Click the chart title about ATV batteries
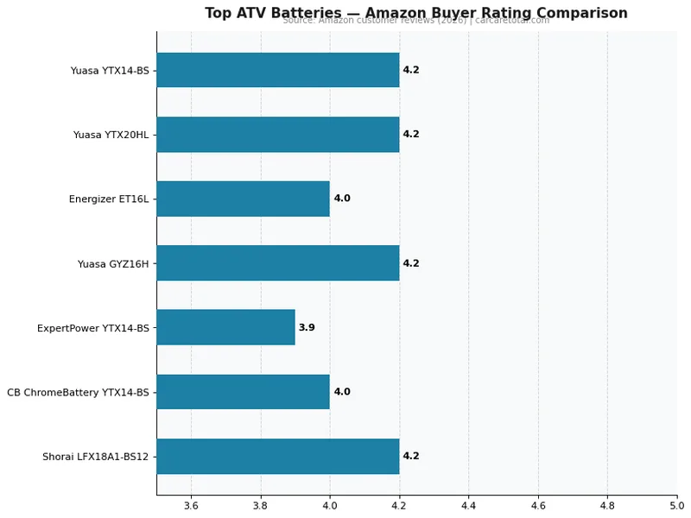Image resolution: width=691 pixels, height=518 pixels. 415,13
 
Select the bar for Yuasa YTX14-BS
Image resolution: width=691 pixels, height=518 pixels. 277,70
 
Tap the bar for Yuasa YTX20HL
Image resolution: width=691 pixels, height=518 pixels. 277,135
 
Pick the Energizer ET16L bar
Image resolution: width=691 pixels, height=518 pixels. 243,199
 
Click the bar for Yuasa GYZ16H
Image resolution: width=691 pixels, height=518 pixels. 277,263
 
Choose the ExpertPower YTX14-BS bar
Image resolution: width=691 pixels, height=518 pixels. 225,327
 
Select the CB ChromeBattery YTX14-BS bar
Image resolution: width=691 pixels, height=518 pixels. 243,392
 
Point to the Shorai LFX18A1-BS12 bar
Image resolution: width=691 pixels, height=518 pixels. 277,456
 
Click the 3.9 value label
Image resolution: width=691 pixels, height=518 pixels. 307,328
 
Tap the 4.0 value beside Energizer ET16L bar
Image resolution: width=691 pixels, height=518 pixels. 342,199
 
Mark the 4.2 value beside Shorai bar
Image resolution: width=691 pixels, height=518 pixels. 411,456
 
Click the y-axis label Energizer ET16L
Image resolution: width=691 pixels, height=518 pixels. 108,199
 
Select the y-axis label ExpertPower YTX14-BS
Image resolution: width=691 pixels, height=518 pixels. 92,328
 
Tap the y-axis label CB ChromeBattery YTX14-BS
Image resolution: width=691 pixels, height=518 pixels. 78,392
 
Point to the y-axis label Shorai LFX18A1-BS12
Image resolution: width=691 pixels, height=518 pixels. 95,457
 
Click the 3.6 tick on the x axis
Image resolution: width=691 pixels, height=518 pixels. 191,505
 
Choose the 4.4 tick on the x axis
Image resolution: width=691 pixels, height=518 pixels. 468,505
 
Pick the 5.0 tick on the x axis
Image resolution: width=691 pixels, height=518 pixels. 675,505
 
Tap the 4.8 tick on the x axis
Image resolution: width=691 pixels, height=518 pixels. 607,505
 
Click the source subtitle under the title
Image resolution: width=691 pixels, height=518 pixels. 415,21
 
